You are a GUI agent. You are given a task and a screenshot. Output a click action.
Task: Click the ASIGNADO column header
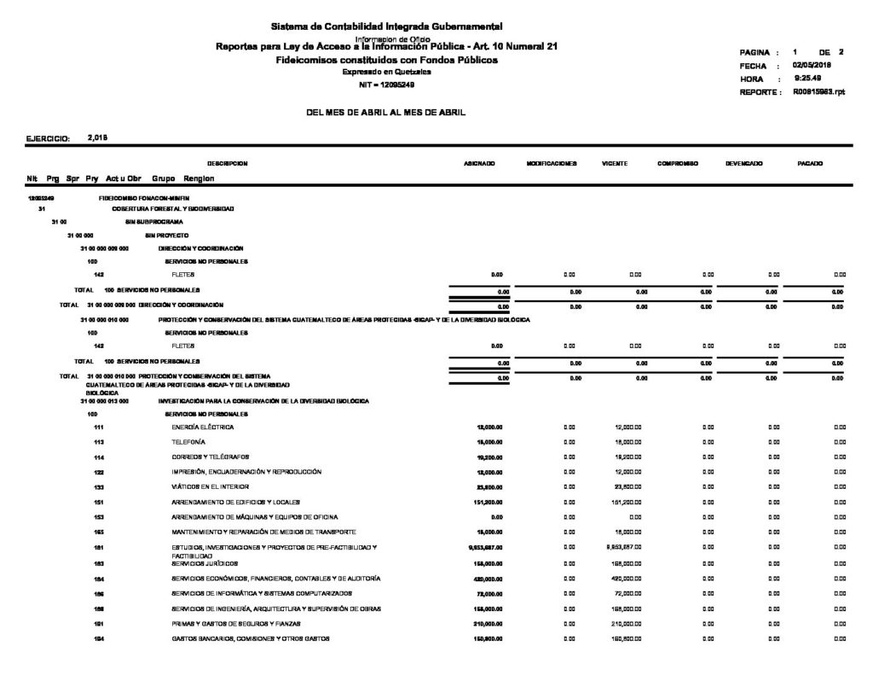tap(476, 162)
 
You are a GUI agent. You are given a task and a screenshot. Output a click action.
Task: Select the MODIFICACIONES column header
tap(552, 162)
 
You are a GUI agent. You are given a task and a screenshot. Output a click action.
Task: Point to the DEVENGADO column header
tap(743, 162)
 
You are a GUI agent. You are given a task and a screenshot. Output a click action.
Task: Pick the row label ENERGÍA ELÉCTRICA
tap(203, 427)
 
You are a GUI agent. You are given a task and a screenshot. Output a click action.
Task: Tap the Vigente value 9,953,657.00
tap(621, 547)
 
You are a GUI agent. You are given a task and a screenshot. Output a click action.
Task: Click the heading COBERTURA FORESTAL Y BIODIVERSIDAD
tap(173, 209)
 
